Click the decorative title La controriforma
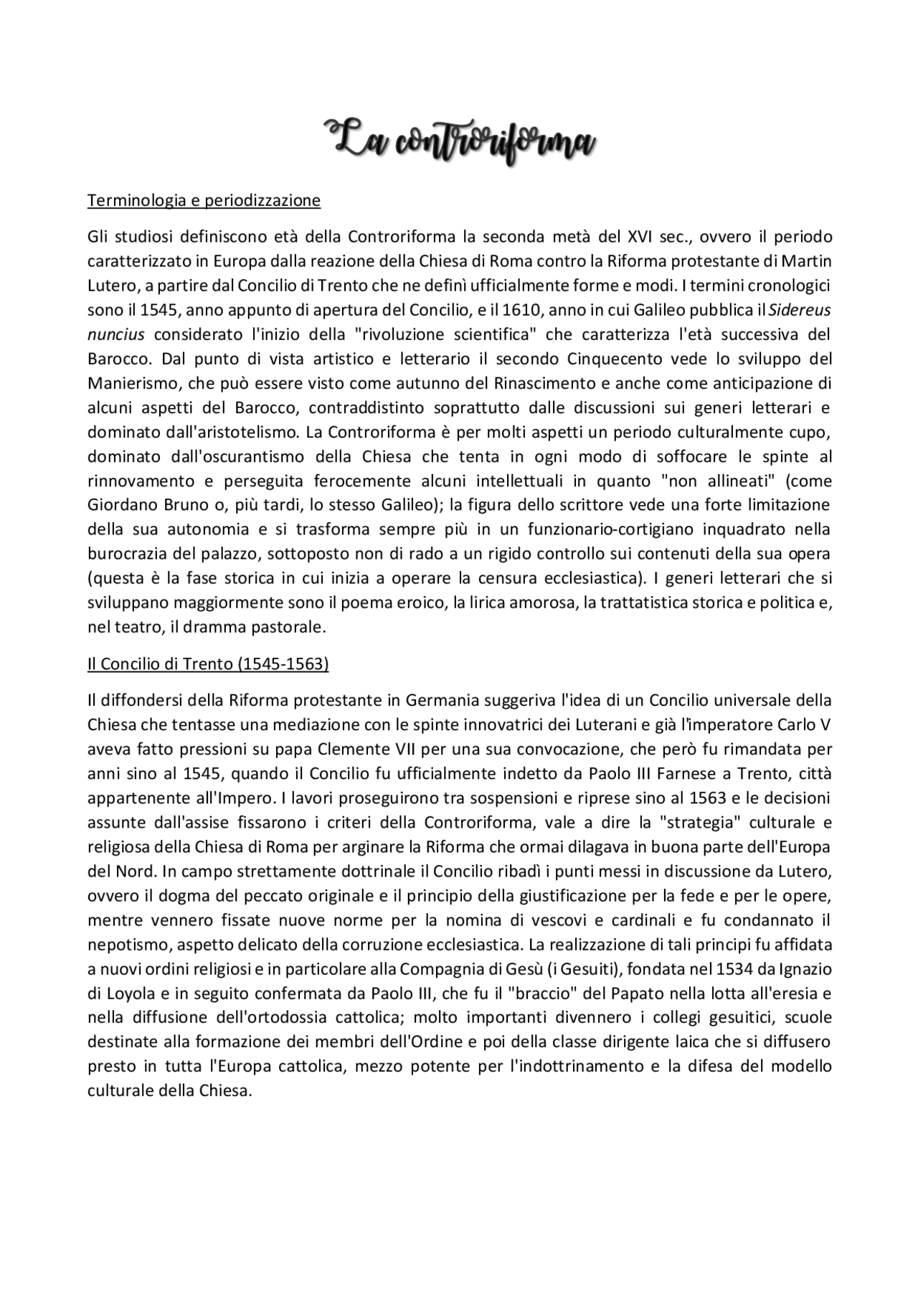(460, 139)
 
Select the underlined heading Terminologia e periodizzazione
(204, 201)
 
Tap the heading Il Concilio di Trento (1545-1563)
(207, 665)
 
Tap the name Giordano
(121, 505)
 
